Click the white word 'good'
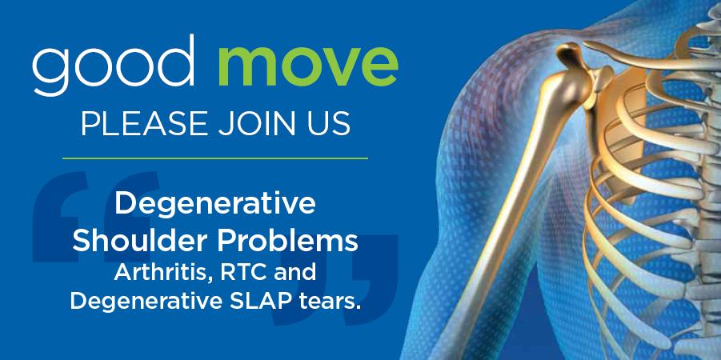113,66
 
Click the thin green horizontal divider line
215,158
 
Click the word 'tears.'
328,301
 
